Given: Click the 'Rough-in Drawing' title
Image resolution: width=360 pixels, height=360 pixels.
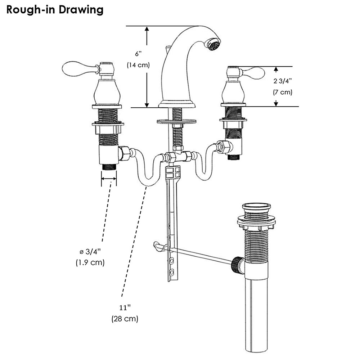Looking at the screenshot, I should (x=55, y=10).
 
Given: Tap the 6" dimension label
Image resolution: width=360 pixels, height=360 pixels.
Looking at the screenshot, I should (x=139, y=54).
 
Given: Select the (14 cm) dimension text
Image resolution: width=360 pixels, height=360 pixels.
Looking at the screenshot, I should (x=138, y=65).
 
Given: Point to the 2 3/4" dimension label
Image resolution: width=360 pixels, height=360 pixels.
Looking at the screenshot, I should (x=283, y=81).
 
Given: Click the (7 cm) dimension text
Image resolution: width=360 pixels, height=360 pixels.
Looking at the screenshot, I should (x=283, y=92).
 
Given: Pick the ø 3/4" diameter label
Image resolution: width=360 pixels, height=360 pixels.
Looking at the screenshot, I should (x=90, y=251).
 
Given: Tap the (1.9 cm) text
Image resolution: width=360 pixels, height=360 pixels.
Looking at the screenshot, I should (x=90, y=262).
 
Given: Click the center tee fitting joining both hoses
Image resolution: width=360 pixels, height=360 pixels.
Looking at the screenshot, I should (x=175, y=157).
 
